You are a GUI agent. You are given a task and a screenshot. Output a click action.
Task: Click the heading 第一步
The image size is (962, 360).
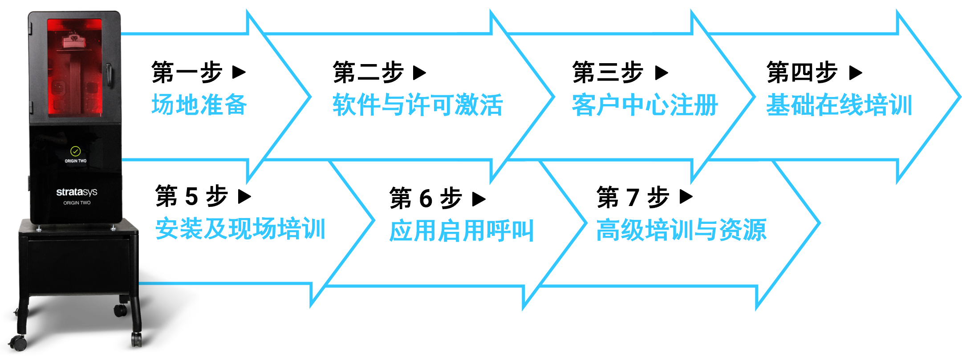(187, 72)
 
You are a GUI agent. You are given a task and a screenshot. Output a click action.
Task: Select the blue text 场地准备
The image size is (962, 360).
(199, 105)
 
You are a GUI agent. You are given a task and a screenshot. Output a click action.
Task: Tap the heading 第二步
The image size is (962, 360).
(368, 72)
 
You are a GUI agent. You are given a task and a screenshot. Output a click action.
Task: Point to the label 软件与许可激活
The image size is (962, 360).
(418, 105)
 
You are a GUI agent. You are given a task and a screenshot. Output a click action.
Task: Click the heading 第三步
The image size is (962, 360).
(608, 72)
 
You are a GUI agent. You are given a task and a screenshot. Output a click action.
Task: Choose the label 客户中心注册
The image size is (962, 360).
(645, 105)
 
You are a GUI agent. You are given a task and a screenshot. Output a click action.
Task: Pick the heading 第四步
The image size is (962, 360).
(802, 72)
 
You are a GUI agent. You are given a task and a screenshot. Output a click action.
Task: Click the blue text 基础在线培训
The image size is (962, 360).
(840, 105)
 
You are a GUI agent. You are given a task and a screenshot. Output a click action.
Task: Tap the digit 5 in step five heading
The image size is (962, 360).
(192, 197)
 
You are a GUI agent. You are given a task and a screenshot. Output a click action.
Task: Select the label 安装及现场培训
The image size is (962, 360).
(240, 229)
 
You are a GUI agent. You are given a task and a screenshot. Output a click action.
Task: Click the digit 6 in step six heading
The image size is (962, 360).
(426, 198)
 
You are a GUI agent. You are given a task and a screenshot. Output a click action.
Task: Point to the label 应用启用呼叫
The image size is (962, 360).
(462, 231)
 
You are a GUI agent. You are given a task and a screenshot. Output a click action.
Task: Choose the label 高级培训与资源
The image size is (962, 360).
(682, 230)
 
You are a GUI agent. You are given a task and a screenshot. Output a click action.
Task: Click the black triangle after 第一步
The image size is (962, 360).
(239, 72)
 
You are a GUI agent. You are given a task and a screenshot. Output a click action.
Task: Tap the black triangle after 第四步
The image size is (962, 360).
(856, 73)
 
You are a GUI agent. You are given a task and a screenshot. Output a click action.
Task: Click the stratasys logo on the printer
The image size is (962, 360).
(77, 192)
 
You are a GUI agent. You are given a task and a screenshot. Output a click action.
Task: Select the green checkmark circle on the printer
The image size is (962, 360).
(76, 151)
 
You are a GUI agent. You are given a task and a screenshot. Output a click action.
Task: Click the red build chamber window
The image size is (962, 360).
(75, 68)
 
